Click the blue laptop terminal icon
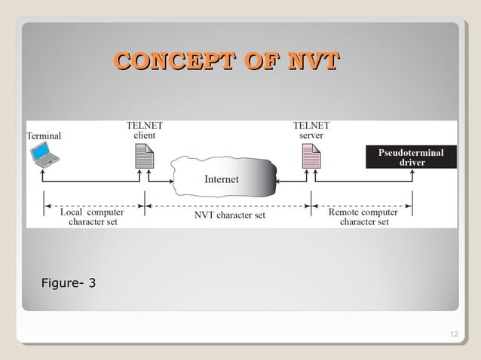pos(41,154)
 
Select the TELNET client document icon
pos(143,156)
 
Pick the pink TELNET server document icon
pos(311,156)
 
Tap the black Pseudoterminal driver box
pos(412,157)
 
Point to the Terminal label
pos(44,136)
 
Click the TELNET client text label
pos(144,130)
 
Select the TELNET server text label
pos(311,130)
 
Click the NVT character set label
pos(229,215)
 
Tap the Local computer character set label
pos(92,217)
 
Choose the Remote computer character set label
pos(363,217)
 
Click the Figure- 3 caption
pos(69,283)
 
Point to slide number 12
pos(453,334)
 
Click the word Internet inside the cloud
pos(221,179)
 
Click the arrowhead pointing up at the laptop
pos(42,172)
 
